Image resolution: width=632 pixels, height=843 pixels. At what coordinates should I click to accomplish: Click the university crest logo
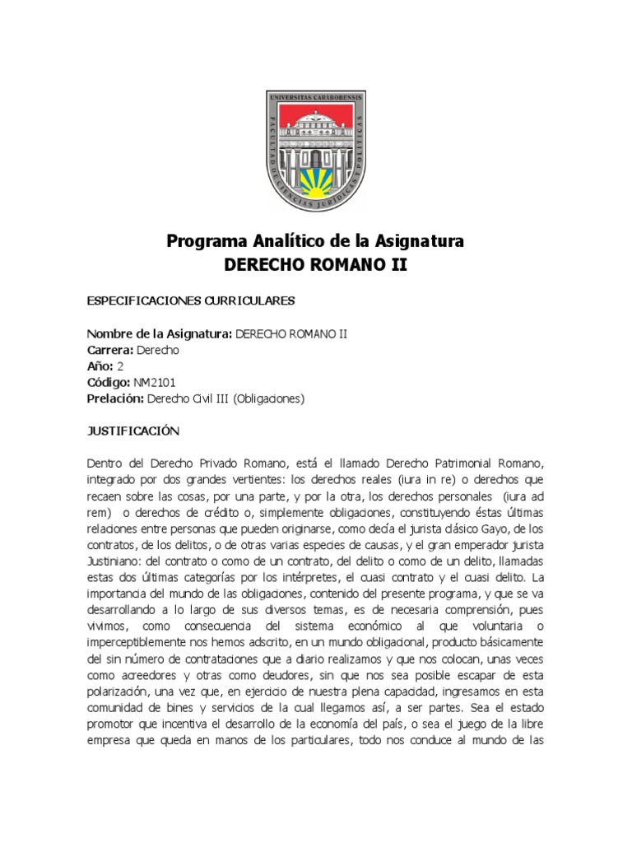point(316,150)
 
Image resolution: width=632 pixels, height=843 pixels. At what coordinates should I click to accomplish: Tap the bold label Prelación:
point(115,399)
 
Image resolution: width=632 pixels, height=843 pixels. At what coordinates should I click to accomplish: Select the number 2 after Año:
point(120,366)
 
